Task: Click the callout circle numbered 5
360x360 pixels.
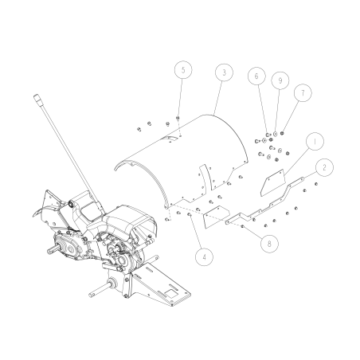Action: (x=184, y=71)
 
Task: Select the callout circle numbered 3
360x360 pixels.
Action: (x=225, y=72)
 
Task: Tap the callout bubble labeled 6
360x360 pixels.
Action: (x=256, y=76)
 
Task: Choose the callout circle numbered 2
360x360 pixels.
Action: (x=324, y=168)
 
